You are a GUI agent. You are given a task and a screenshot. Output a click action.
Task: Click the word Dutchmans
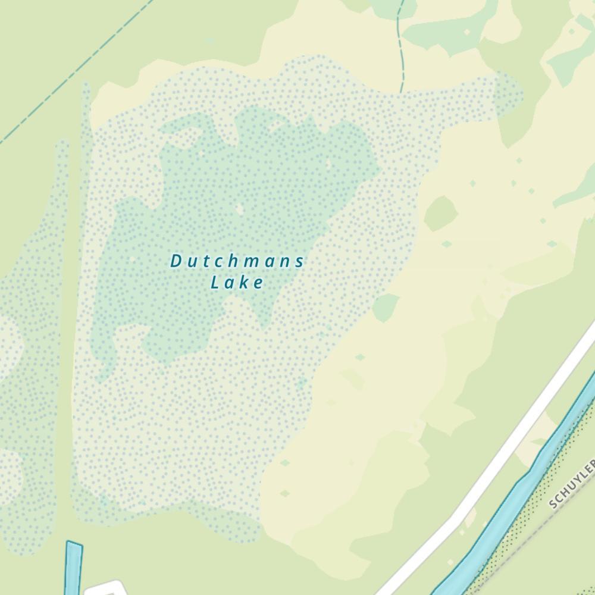237,261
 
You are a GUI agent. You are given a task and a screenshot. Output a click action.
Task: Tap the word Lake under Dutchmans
237,283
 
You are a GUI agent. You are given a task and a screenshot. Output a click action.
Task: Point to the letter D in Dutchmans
176,261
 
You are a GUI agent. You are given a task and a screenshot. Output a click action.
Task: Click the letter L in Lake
215,283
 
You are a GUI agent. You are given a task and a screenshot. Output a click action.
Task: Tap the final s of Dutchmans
300,261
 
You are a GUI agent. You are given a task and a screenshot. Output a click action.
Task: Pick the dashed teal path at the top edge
402,48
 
